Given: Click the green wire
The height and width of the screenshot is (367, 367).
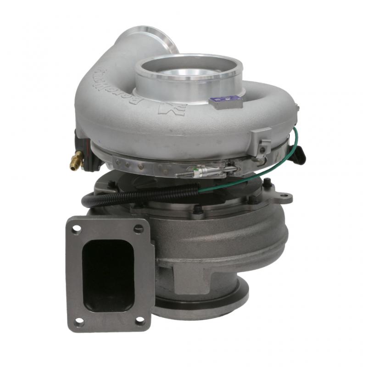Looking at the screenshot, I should (x=239, y=181).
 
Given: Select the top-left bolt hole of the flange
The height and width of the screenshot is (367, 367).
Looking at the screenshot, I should (x=76, y=228).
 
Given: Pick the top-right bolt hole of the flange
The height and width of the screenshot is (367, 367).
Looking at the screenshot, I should (x=139, y=228).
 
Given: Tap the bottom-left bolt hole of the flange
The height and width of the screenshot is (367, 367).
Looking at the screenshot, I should (x=78, y=322).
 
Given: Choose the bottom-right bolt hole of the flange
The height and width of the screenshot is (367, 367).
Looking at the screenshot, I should (x=140, y=321).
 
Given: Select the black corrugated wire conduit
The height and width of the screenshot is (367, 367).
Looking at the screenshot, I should (x=138, y=195).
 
